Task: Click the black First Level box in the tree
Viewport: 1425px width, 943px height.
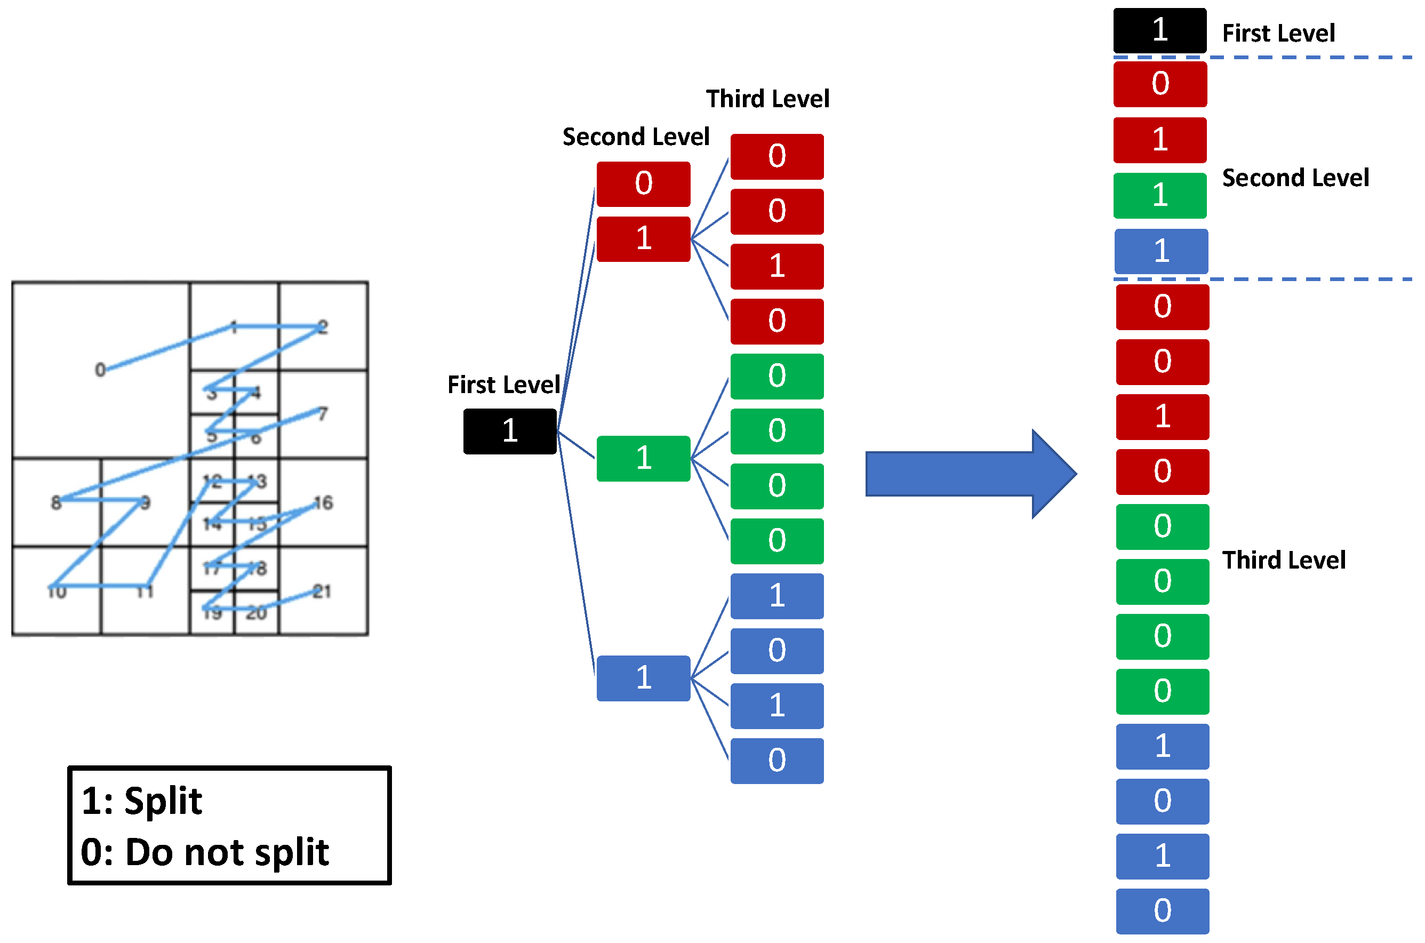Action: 509,431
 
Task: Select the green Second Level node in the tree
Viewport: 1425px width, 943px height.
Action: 643,458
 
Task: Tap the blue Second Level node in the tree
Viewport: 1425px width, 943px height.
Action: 643,678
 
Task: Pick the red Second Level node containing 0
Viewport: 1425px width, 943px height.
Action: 643,183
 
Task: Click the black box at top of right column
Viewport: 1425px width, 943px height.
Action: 1159,30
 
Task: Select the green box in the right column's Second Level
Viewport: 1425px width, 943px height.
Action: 1159,195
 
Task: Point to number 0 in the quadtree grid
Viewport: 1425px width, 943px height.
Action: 100,369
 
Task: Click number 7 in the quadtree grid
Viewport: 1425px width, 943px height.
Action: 323,414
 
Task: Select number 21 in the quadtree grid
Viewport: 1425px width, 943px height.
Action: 322,591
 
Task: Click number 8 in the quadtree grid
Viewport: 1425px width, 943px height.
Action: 56,502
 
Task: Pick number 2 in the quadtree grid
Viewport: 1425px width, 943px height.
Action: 323,326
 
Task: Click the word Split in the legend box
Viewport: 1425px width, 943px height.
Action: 163,801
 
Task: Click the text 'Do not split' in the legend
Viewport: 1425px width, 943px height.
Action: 227,852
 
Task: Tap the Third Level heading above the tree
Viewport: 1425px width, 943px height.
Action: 767,99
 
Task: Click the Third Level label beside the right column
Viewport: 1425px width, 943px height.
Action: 1284,560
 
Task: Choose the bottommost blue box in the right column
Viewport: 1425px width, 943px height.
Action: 1162,910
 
